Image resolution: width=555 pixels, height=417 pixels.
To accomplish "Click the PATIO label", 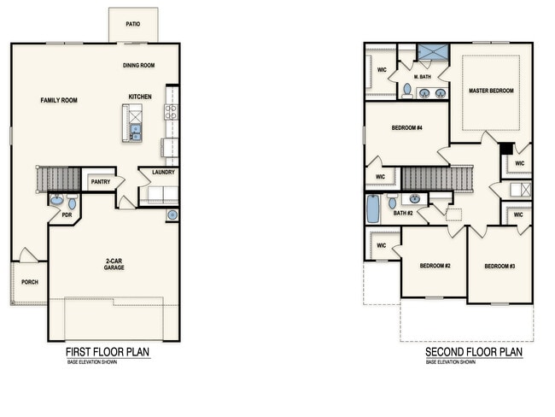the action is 132,24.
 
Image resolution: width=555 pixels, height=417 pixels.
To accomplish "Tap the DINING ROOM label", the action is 138,65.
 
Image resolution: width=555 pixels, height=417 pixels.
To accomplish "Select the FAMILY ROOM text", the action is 59,100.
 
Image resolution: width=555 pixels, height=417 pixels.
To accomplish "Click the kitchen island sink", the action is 136,132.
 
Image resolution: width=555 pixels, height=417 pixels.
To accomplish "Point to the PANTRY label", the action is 101,182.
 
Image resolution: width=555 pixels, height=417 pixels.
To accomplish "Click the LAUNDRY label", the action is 164,173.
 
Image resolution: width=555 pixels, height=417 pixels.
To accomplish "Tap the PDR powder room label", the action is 67,215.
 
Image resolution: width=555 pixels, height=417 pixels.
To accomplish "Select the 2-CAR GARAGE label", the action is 114,264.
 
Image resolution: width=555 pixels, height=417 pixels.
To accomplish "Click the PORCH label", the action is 30,282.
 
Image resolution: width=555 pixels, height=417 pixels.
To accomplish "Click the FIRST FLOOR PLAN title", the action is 108,352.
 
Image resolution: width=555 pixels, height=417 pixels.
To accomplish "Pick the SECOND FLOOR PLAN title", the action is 474,352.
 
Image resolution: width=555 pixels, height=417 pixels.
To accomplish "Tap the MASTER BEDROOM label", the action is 491,91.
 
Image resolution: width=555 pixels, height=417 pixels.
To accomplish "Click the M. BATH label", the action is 423,77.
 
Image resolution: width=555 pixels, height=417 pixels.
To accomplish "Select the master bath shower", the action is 433,52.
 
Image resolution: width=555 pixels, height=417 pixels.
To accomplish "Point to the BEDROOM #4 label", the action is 407,127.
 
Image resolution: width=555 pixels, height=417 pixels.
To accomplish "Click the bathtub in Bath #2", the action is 372,208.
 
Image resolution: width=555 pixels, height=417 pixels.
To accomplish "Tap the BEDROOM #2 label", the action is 435,266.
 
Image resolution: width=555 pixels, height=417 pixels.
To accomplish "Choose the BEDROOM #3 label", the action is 499,266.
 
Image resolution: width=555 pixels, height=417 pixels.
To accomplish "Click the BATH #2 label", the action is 403,214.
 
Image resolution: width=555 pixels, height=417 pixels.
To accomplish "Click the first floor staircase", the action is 58,179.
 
